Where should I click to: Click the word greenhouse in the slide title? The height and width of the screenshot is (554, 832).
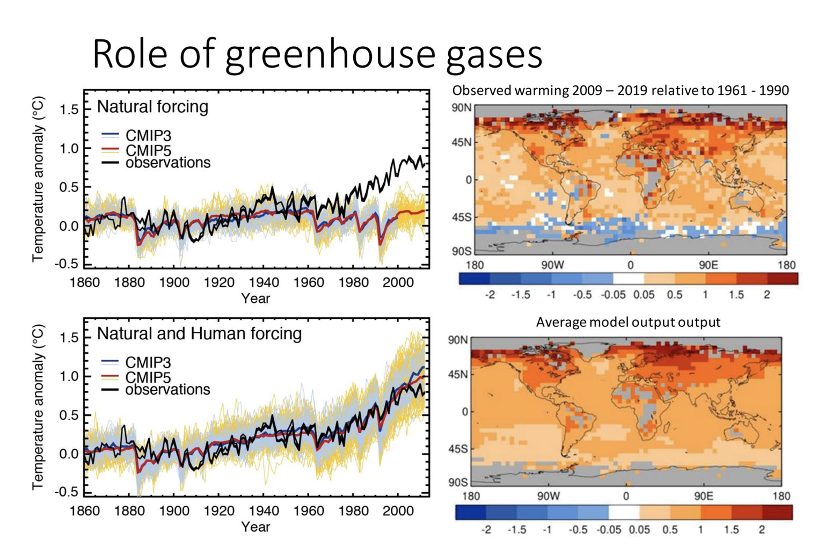(330, 55)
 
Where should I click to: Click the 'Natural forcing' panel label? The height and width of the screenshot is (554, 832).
(152, 107)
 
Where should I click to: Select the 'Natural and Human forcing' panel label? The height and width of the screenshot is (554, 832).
(199, 334)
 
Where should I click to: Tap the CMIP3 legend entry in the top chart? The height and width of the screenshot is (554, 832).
(148, 136)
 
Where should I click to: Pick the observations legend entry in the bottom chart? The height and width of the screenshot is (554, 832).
(167, 390)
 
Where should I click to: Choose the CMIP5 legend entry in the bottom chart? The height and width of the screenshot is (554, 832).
(148, 377)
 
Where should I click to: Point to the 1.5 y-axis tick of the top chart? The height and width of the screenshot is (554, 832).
(69, 110)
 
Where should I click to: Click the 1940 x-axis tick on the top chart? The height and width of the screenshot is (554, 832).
(264, 282)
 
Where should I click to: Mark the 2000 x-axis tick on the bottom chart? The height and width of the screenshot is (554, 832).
(398, 511)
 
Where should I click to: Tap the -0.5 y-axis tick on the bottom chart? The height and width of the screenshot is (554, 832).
(66, 492)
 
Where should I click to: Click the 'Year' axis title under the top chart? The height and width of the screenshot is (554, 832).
(256, 298)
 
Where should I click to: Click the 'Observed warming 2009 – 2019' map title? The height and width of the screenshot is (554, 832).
(620, 90)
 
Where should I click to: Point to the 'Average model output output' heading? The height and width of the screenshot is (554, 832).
(628, 322)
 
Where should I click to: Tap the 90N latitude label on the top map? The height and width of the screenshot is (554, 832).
(461, 107)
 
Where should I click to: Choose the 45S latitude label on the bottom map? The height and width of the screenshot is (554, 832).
(458, 449)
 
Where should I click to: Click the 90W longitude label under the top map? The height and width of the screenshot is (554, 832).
(552, 265)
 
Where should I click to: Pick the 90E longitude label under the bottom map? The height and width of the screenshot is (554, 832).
(703, 496)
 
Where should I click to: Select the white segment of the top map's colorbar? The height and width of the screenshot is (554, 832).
(629, 279)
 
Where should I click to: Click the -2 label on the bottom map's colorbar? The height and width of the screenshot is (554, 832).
(486, 530)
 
